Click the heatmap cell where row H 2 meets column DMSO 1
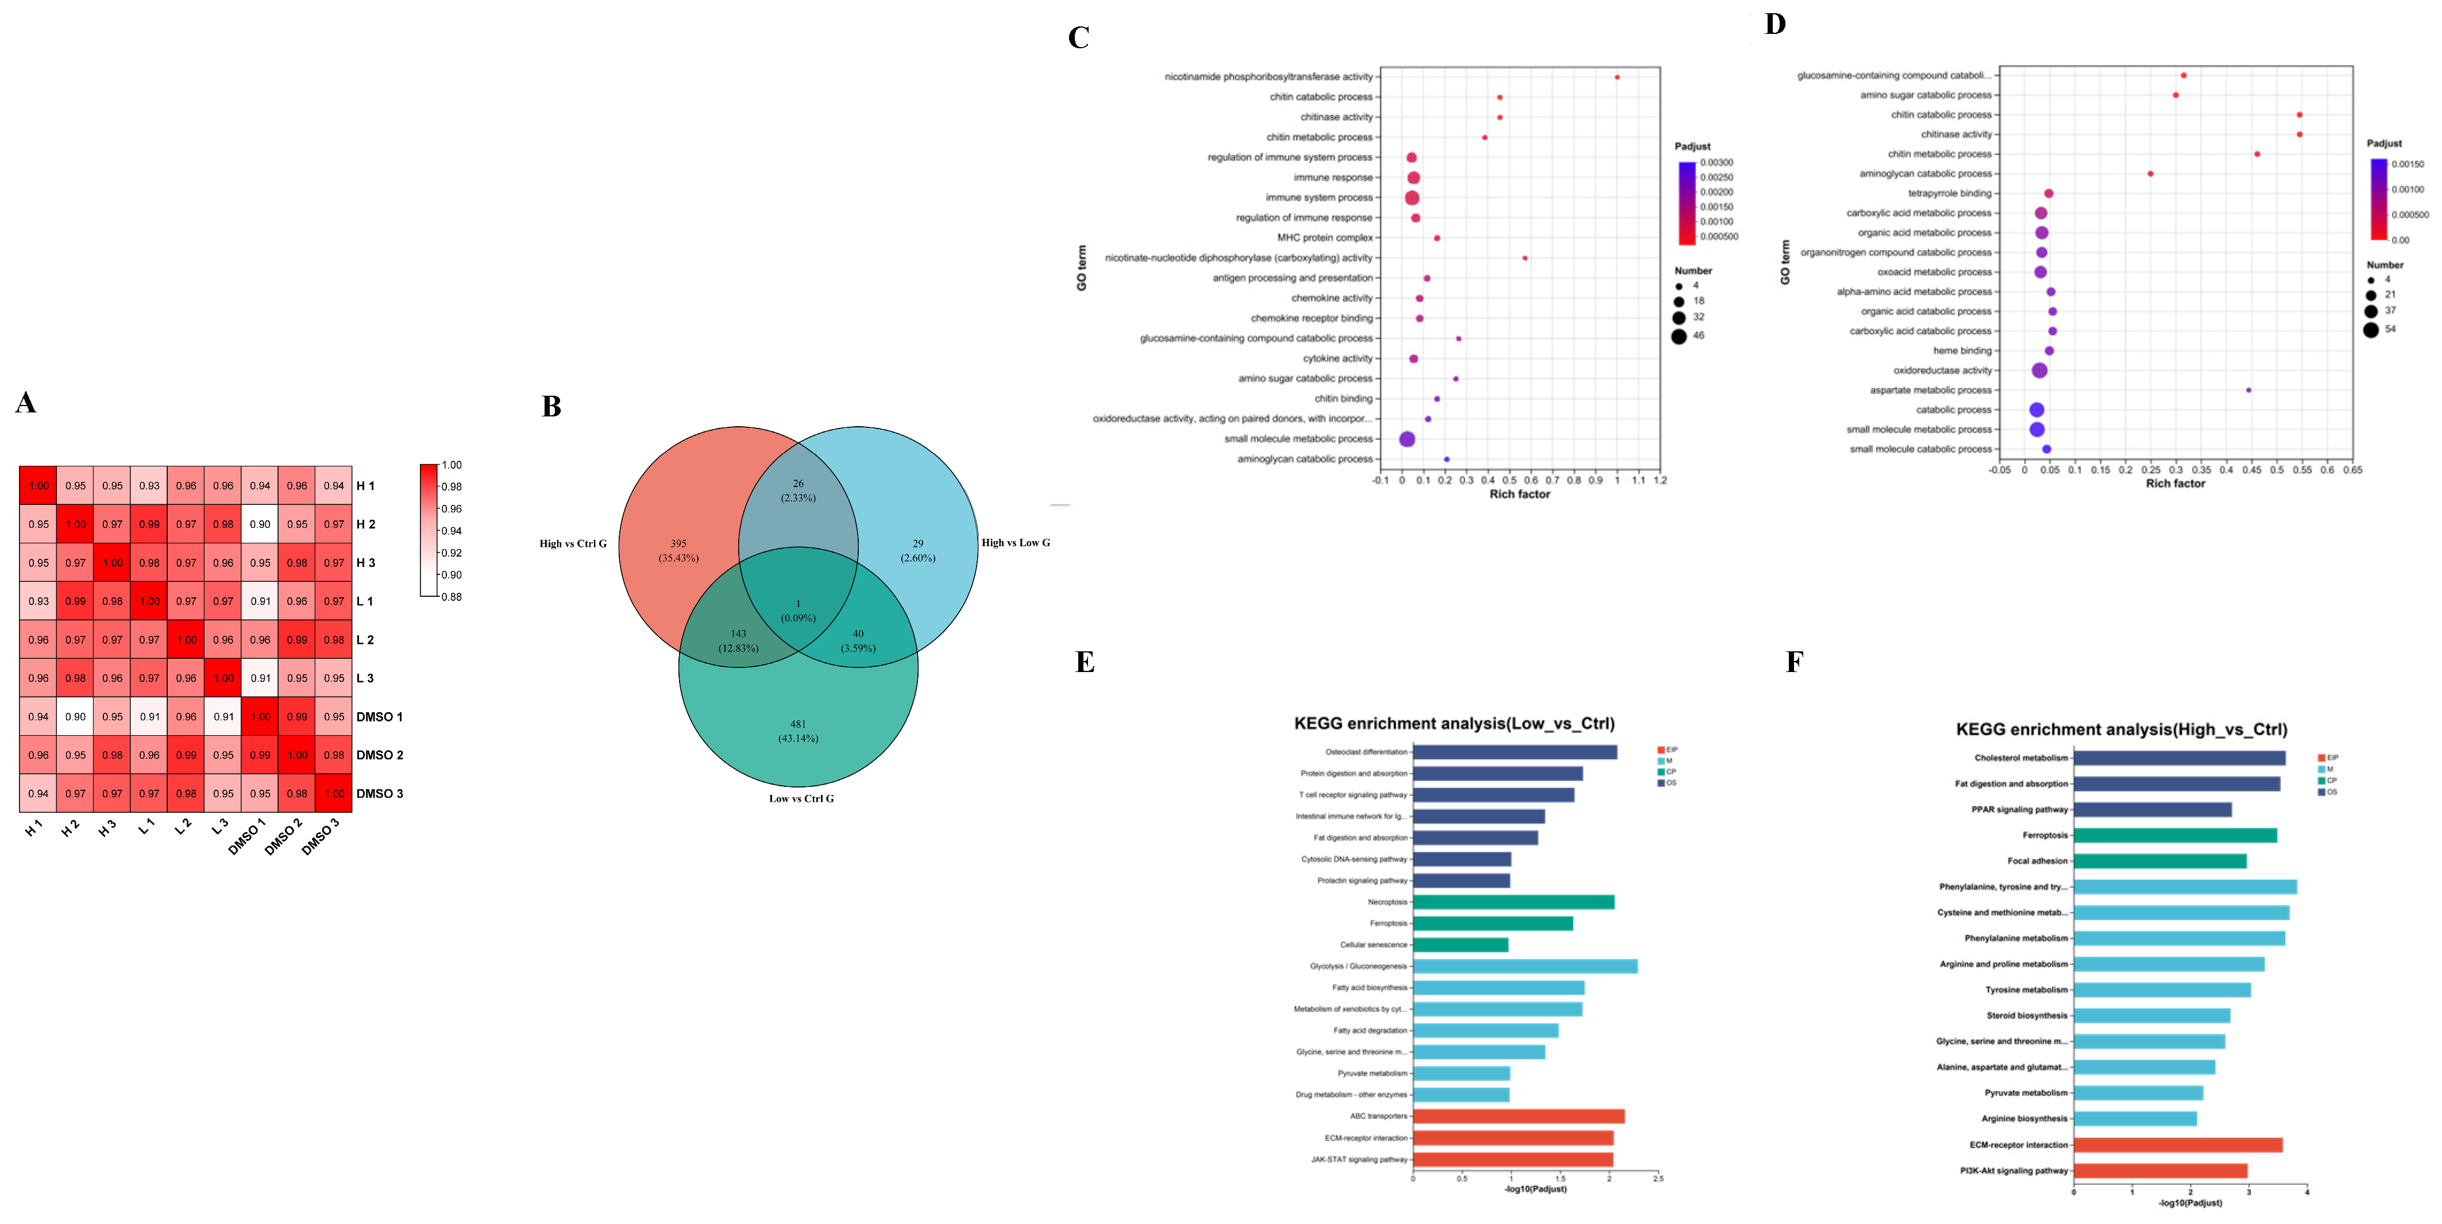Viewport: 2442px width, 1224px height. pos(260,524)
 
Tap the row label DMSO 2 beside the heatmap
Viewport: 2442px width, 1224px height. pos(379,756)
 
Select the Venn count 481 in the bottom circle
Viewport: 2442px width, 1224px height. pos(798,724)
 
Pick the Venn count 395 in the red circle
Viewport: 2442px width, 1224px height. pos(679,544)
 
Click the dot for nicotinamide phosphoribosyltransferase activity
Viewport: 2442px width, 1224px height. pos(1617,78)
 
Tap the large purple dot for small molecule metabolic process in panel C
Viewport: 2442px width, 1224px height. pos(1407,439)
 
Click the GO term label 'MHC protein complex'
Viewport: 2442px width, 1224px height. pos(1324,238)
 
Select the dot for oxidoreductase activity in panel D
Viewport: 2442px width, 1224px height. pos(2039,370)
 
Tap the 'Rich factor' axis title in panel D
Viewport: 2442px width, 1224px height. pos(2175,484)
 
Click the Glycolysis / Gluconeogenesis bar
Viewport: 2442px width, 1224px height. pos(1525,966)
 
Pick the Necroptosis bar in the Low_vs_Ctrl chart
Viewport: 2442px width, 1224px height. pos(1513,902)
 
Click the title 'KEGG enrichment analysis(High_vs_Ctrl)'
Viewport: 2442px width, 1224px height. pos(2121,729)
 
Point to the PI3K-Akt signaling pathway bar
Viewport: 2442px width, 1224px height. pos(2159,1171)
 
